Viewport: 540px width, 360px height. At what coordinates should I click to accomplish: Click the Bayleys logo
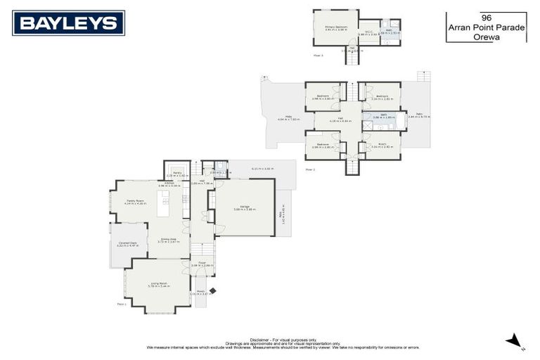tap(68, 23)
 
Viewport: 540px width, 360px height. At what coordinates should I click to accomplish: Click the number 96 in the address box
tap(486, 16)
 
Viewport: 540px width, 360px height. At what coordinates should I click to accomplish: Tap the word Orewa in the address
tap(486, 36)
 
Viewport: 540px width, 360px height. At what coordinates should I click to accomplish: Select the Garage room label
tap(245, 206)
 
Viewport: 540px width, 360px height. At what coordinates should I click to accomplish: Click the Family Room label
tap(136, 201)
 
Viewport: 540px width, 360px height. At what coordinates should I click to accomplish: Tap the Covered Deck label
tap(127, 243)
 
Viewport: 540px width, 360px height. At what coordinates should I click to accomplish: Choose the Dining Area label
tap(167, 239)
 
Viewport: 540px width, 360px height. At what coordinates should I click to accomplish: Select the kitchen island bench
tap(164, 202)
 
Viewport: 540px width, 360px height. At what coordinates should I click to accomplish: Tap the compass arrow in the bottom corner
tap(515, 342)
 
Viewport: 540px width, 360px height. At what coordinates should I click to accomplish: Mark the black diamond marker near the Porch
tap(213, 290)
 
